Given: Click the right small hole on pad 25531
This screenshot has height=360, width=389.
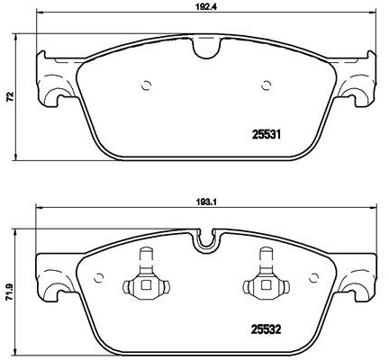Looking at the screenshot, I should point(266,86).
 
